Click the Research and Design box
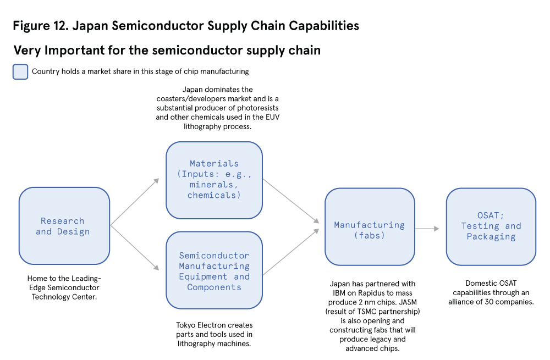click(x=64, y=226)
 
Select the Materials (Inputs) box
click(x=214, y=180)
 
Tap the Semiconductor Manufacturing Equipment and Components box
click(x=214, y=270)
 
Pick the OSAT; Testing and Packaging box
click(x=491, y=226)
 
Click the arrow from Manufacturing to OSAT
click(x=427, y=229)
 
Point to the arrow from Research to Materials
click(x=135, y=201)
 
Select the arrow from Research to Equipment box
click(x=135, y=248)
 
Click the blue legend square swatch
click(x=20, y=71)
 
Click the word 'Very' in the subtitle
click(x=27, y=51)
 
